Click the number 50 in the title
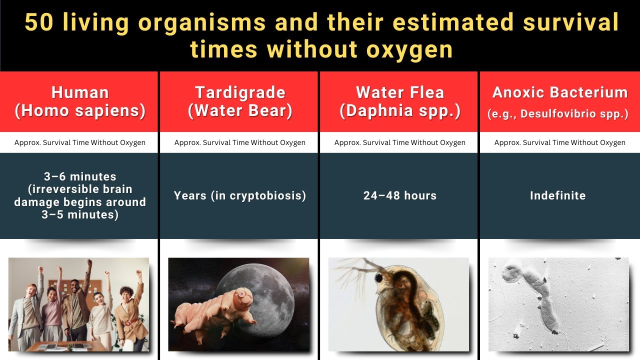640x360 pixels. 38,22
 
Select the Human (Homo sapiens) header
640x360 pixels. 80,101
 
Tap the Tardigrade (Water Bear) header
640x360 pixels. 240,101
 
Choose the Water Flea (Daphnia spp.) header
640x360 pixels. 400,101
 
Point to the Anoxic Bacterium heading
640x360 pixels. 560,92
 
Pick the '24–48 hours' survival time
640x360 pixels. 400,195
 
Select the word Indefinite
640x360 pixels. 558,195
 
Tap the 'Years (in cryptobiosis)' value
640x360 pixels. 240,195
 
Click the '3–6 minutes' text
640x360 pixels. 80,176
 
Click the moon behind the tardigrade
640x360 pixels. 270,290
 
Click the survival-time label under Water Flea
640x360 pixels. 400,142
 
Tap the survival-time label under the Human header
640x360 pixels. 80,142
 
